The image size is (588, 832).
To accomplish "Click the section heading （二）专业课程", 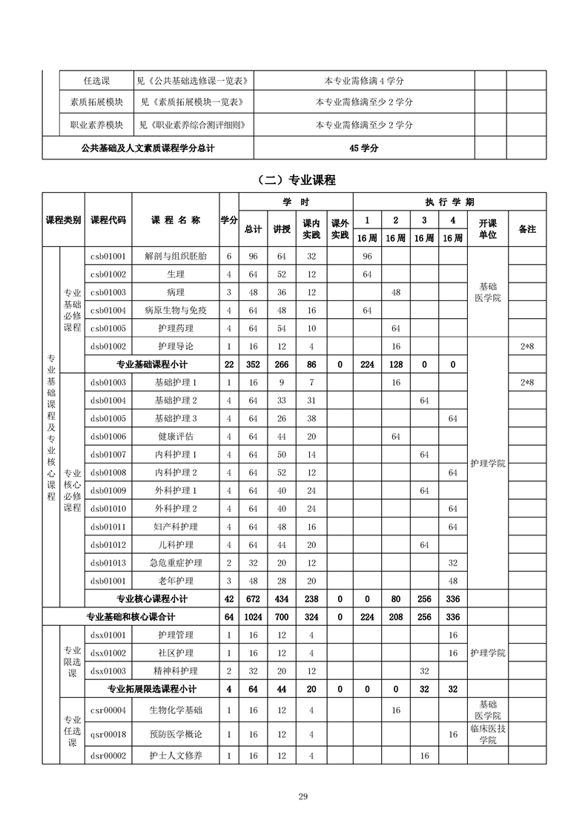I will (294, 179).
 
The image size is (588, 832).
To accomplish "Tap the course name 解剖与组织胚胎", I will (176, 256).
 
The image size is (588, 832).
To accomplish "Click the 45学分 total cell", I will (364, 148).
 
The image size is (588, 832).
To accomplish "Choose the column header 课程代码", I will (108, 220).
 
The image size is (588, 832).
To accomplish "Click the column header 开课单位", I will (487, 229).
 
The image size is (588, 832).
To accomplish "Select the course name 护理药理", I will (176, 328).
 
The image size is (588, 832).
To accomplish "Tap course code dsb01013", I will (108, 563).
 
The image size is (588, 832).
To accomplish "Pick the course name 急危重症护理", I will (176, 563).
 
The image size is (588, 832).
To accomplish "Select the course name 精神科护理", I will (176, 671).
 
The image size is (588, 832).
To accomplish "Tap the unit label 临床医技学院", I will (487, 734).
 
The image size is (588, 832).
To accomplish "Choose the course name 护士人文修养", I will (176, 756).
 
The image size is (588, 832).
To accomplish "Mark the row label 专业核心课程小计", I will (152, 599).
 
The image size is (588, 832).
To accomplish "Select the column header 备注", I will (527, 229).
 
